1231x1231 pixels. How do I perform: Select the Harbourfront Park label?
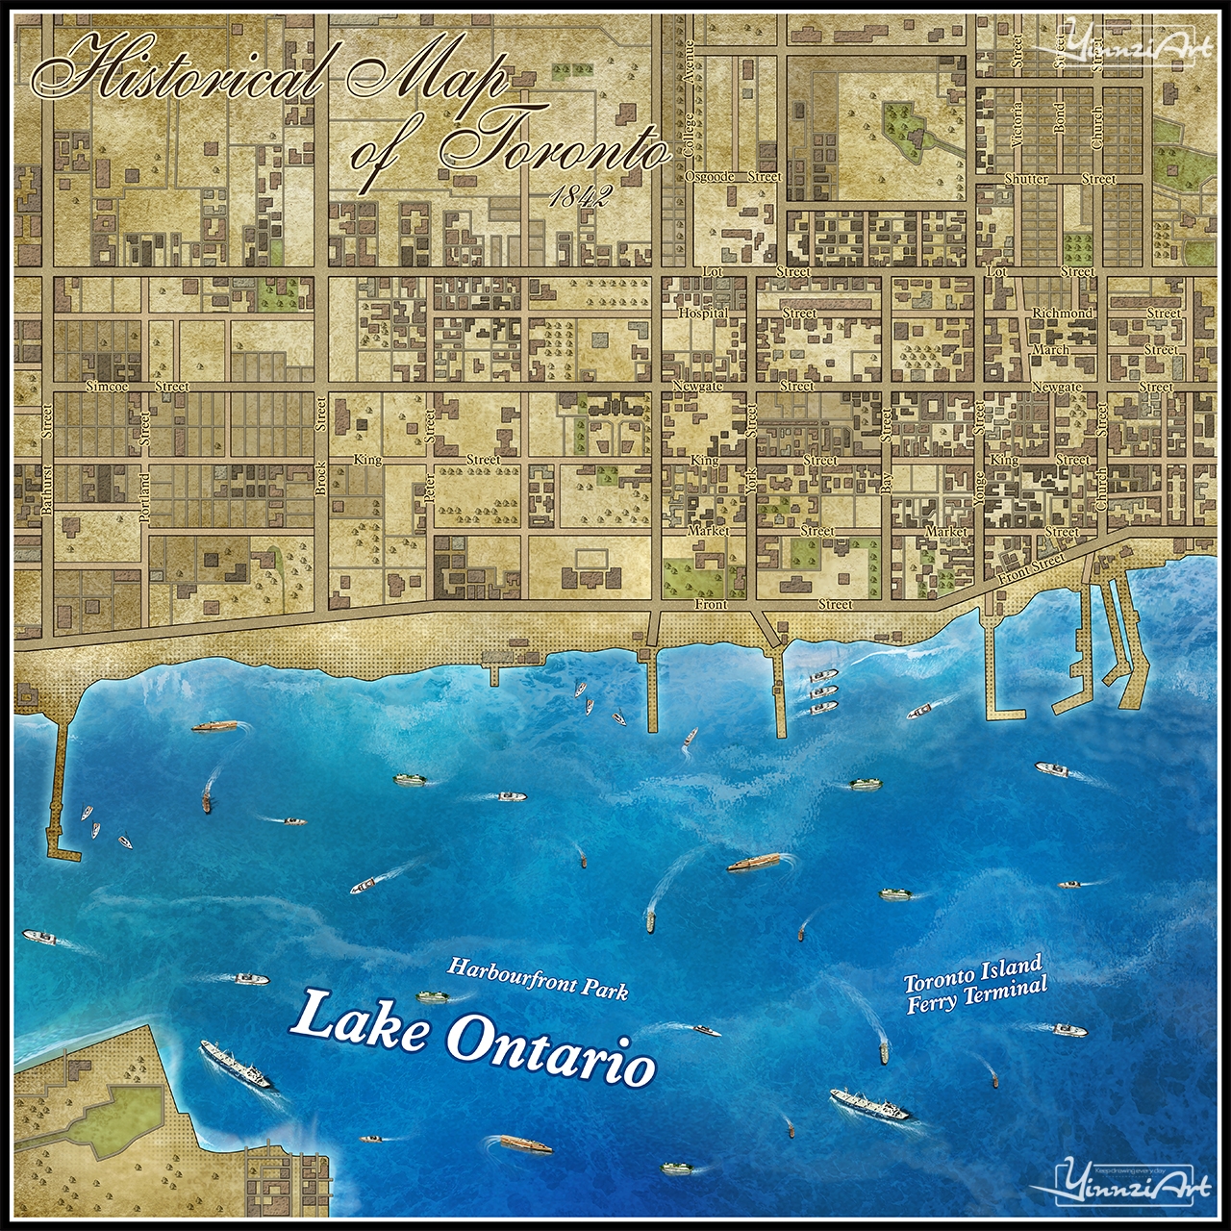[x=538, y=977]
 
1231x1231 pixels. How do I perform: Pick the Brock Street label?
[x=321, y=478]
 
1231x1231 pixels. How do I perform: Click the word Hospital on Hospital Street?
[x=703, y=314]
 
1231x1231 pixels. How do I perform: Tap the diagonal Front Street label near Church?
[x=1031, y=566]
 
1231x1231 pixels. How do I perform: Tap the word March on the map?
[x=1049, y=350]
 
